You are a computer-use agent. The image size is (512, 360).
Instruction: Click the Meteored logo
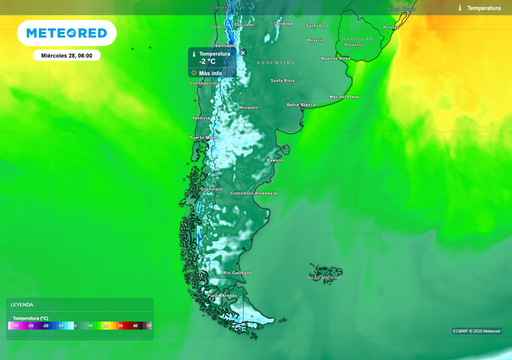coord(66,33)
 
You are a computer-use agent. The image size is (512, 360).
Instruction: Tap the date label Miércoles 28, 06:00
coord(66,55)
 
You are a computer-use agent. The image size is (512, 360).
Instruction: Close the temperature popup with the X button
coord(243,52)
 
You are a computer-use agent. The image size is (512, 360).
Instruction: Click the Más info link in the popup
coord(210,73)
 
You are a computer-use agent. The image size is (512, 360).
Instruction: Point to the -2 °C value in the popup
coord(207,61)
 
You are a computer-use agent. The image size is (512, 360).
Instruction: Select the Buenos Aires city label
coord(335,58)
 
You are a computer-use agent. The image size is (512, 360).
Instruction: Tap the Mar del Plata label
coord(343,96)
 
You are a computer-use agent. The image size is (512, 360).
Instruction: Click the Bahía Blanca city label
coord(301,105)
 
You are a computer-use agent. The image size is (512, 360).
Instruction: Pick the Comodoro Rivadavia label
coord(253,193)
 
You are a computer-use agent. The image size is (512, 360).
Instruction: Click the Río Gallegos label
coord(237,272)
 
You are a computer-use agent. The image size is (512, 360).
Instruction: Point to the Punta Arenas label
coord(222,295)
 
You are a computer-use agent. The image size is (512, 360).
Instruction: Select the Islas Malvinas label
coord(325,277)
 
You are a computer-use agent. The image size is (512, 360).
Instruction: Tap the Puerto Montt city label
coord(203,137)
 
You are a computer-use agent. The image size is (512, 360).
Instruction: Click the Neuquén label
coord(248,107)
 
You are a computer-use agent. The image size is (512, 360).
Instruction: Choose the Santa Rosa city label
coord(282,80)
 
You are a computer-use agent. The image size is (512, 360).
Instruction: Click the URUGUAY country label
coord(357,39)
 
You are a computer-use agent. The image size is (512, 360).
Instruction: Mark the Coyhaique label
coord(211,189)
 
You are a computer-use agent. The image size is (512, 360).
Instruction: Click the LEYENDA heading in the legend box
coord(22,304)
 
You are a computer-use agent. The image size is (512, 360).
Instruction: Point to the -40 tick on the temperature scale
coord(16,326)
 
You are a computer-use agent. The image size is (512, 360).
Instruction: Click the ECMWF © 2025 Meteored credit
coord(476,331)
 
